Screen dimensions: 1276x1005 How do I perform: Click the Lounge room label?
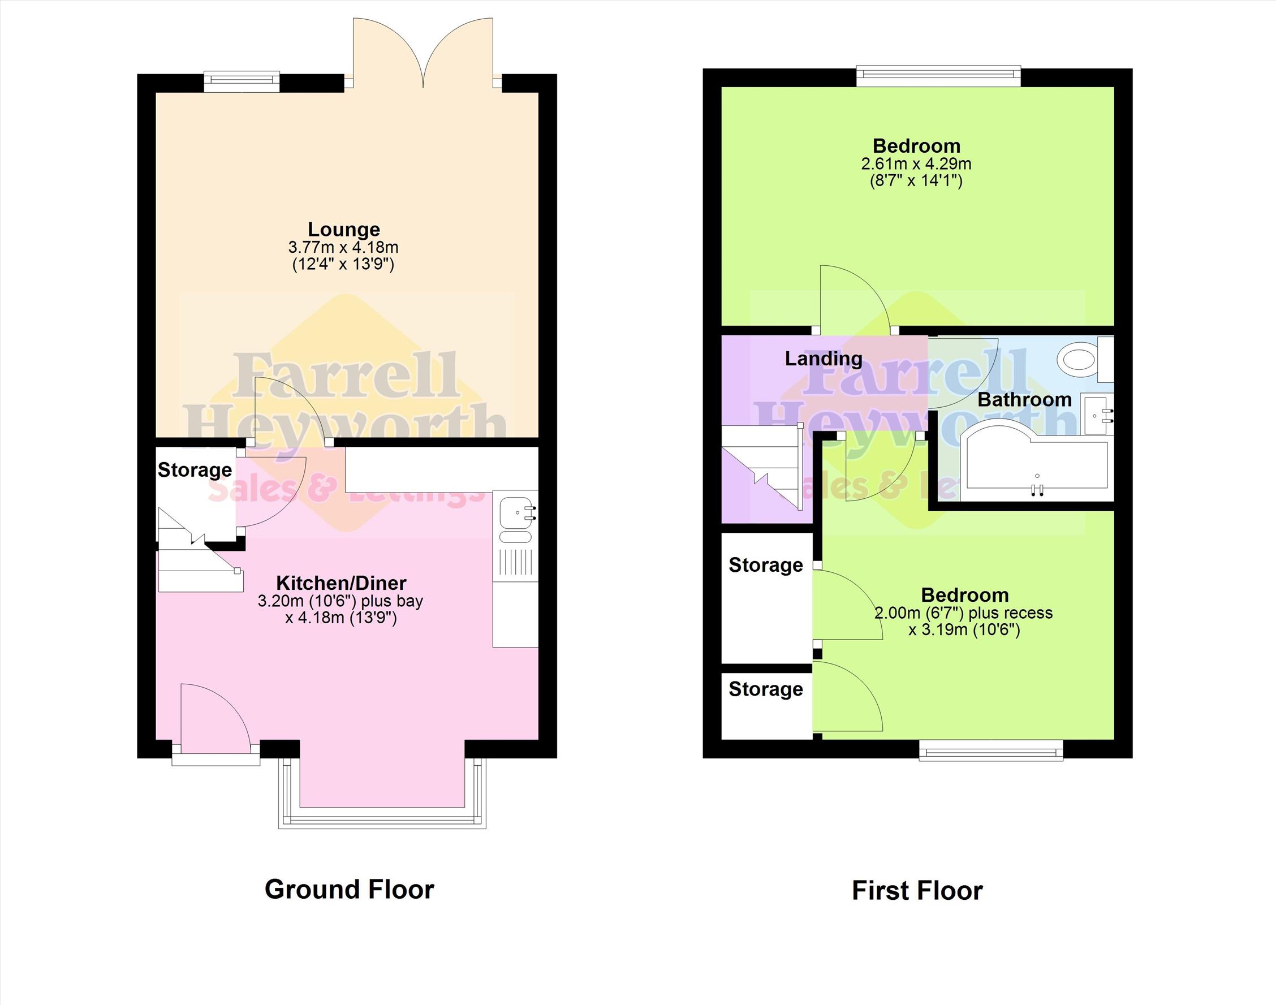click(344, 230)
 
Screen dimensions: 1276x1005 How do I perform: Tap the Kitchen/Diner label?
click(341, 583)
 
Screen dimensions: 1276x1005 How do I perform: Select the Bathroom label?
click(1024, 400)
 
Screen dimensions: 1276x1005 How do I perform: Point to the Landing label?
click(824, 359)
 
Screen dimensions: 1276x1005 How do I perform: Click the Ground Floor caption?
click(350, 889)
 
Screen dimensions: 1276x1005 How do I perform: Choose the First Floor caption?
click(917, 891)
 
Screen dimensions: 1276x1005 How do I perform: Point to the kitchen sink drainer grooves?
click(516, 562)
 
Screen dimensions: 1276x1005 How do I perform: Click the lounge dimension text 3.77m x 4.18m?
click(343, 247)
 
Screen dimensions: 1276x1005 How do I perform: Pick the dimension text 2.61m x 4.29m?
click(916, 163)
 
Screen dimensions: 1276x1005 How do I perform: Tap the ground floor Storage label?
click(195, 470)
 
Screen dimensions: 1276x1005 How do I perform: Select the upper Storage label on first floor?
click(765, 565)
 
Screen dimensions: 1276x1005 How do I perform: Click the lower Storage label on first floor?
click(765, 689)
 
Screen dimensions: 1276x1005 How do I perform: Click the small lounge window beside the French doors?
click(242, 82)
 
